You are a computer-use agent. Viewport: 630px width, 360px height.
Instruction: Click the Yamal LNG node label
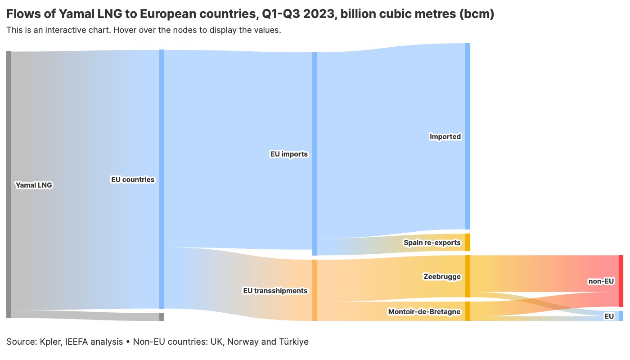34,185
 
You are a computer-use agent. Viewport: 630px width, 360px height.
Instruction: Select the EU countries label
132,180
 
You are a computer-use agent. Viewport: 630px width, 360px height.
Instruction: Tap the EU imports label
288,154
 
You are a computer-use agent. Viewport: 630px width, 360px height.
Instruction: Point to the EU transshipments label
275,291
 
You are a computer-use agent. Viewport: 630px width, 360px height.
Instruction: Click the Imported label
445,136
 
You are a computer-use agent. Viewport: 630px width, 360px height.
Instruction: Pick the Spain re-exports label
432,243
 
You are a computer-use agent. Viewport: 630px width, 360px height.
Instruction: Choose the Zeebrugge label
442,276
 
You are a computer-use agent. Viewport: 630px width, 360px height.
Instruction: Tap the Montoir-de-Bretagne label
424,311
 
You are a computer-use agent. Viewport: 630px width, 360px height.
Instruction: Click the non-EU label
601,281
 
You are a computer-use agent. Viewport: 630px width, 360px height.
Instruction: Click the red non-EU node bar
621,281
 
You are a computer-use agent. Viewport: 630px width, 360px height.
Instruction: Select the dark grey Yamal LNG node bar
9,184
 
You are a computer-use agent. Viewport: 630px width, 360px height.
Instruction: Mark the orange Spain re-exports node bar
468,242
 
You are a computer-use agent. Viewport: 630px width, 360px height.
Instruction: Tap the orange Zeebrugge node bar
468,276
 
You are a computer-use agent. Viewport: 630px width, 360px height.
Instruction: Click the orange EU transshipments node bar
315,290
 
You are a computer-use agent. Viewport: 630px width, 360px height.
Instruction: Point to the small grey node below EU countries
162,317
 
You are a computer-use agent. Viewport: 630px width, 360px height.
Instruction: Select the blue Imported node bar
468,136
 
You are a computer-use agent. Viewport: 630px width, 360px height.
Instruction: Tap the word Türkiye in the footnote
293,342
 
